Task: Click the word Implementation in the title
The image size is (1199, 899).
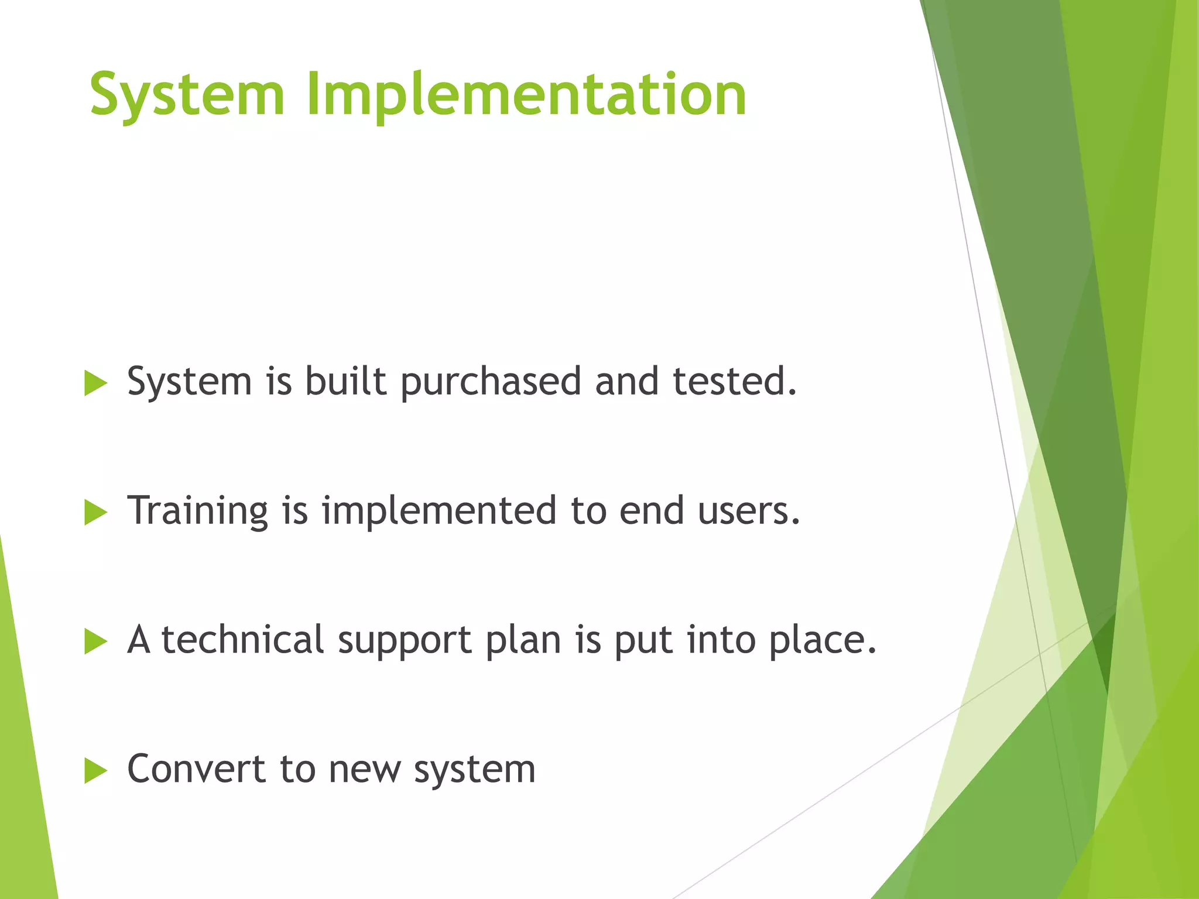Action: pyautogui.click(x=526, y=94)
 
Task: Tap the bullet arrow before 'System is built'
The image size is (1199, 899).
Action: pyautogui.click(x=95, y=383)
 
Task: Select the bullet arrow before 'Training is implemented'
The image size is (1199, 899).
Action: pyautogui.click(x=95, y=513)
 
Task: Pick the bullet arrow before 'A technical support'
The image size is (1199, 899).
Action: pyautogui.click(x=95, y=641)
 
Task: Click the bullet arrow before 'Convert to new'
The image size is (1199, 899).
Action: pyautogui.click(x=95, y=770)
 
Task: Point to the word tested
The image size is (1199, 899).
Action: pyautogui.click(x=734, y=382)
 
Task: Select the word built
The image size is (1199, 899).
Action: pyautogui.click(x=345, y=382)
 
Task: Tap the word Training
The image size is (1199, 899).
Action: pyautogui.click(x=198, y=512)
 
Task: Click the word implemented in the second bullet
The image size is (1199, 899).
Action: pyautogui.click(x=439, y=512)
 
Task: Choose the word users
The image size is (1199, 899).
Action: pyautogui.click(x=748, y=512)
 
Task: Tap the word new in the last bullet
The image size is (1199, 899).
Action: pyautogui.click(x=364, y=770)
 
